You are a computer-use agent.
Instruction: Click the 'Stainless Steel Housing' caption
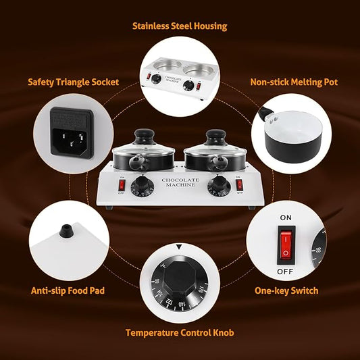point(180,26)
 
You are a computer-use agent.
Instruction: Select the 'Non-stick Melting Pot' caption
point(294,82)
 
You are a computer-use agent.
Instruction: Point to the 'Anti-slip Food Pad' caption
point(68,291)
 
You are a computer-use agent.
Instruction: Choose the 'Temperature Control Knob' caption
point(180,332)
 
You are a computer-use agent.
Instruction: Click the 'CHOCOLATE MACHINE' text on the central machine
point(180,183)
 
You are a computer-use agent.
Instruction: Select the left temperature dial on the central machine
point(141,186)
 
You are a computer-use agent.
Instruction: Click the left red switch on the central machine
point(122,184)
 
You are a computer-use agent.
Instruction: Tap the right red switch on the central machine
point(238,184)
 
